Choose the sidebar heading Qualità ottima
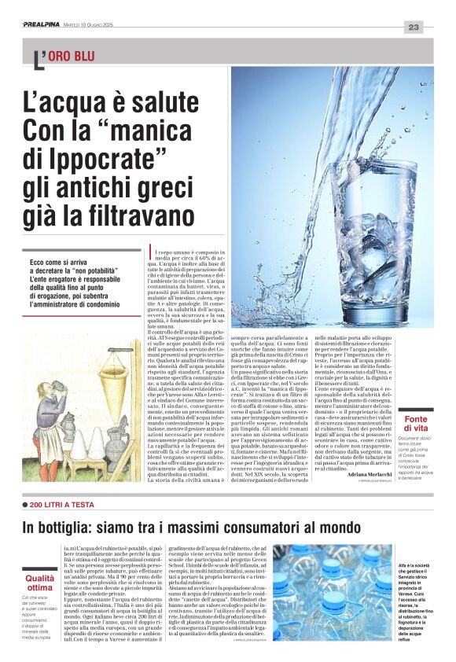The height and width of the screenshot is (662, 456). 40,583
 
